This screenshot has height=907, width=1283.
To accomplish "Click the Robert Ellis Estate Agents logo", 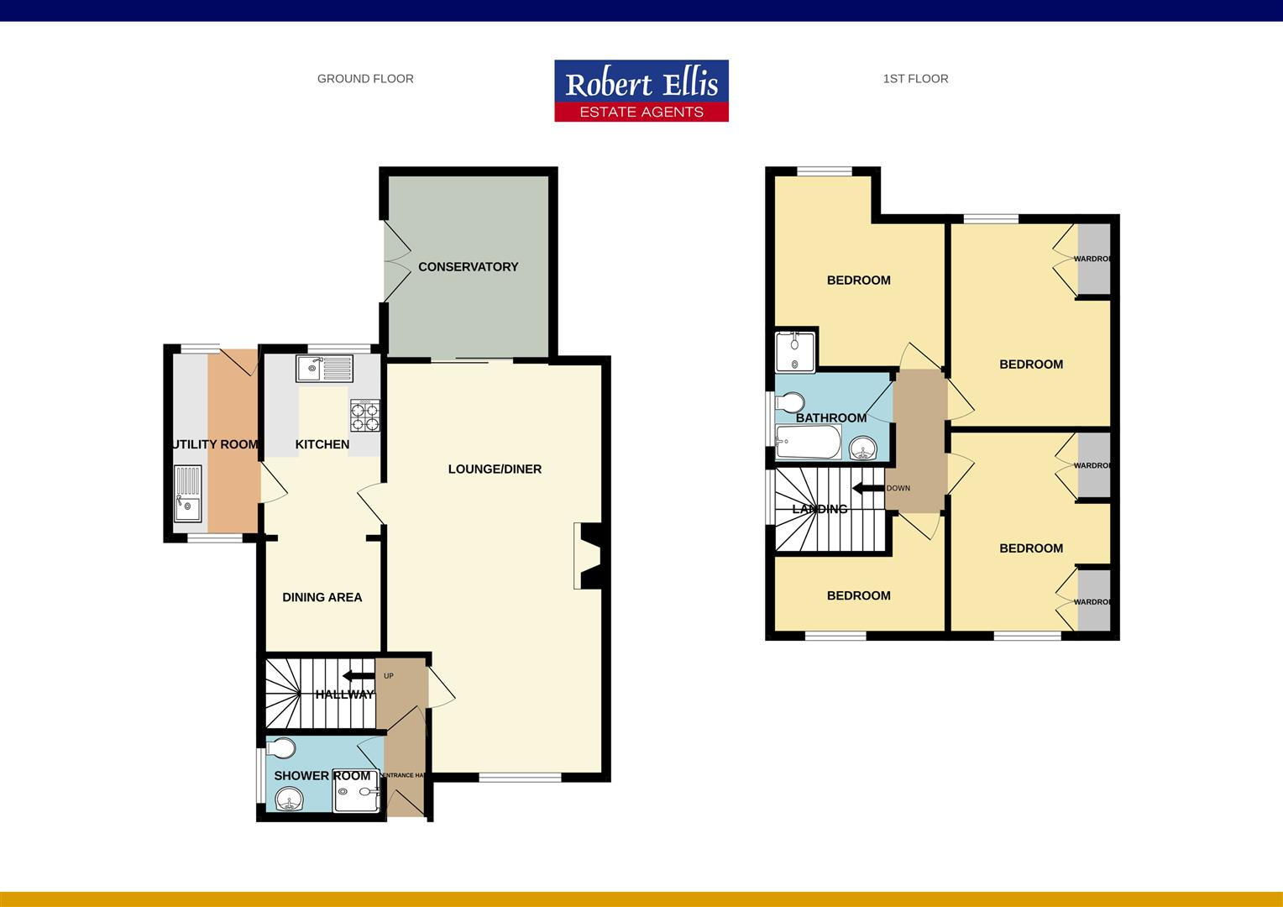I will coord(641,91).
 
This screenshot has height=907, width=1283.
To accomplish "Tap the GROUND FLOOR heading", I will coord(365,79).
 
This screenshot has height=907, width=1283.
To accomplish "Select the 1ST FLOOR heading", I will coord(915,79).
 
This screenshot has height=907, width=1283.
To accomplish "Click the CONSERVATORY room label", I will coord(468,267).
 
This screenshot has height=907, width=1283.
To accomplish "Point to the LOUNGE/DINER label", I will coord(495,469).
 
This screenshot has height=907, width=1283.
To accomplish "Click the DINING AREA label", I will coord(322,597).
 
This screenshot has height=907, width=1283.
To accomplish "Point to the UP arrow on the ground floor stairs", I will coord(358,676).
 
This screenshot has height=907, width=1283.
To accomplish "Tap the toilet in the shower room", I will coord(282,747).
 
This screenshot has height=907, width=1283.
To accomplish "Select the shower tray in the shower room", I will coord(358,791).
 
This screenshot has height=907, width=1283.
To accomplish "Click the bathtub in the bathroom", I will coord(808,443).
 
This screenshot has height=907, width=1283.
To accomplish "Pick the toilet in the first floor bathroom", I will coord(791,403).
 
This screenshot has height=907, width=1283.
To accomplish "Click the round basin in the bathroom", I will coord(861,449).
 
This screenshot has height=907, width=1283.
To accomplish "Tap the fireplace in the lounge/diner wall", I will coord(589,556).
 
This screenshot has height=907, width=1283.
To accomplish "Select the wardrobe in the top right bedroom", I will coord(1093,259).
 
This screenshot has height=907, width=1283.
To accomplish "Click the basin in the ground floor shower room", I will coord(289,799).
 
